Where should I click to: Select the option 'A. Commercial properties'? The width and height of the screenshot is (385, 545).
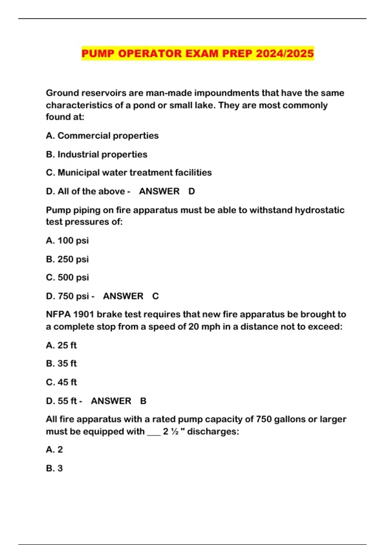[x=102, y=136]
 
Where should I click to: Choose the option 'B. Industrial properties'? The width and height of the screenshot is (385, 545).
[x=97, y=154]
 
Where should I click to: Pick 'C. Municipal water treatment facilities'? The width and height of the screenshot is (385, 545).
[x=129, y=172]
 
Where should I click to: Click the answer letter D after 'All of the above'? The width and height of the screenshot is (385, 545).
[x=192, y=191]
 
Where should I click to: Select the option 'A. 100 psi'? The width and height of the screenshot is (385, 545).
[x=67, y=240]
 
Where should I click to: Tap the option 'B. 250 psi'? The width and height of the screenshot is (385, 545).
[x=67, y=259]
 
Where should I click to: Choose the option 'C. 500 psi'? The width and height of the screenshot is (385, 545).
[x=67, y=277]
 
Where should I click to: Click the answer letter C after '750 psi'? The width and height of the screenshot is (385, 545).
[x=155, y=296]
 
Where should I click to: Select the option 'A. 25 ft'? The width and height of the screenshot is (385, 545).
[x=61, y=345]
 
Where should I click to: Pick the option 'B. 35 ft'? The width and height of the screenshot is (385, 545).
[x=61, y=364]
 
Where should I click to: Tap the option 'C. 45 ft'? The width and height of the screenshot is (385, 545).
[x=61, y=382]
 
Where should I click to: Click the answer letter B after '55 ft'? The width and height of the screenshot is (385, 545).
[x=143, y=401]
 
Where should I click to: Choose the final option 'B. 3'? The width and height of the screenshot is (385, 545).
[x=54, y=468]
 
